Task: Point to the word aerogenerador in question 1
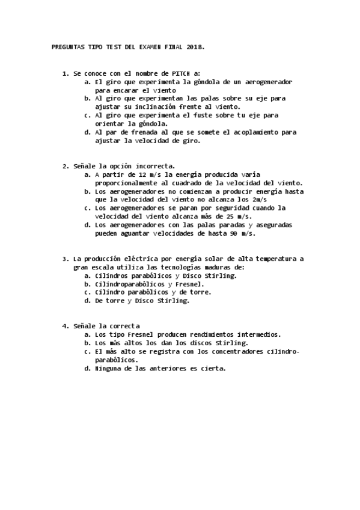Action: click(267, 81)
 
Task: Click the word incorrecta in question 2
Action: click(154, 166)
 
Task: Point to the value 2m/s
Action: click(259, 200)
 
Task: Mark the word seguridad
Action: click(241, 208)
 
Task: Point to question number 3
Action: click(64, 259)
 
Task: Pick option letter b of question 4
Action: click(87, 343)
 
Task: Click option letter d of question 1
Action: click(87, 132)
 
